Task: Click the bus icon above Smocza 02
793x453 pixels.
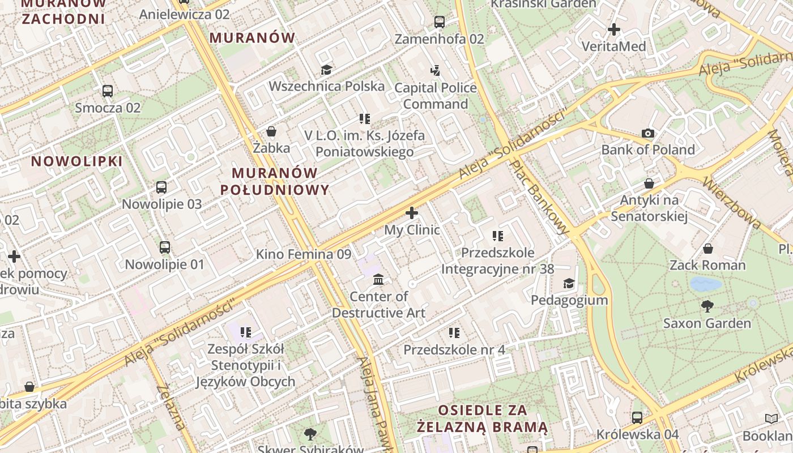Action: (x=107, y=91)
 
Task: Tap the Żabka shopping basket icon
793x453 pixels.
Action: (x=271, y=131)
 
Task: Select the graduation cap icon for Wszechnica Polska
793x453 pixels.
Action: (x=326, y=70)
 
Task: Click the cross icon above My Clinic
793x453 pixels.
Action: (x=412, y=213)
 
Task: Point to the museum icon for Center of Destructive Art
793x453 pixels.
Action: (x=378, y=280)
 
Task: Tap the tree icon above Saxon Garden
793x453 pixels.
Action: (x=707, y=306)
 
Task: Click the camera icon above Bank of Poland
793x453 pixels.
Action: (x=648, y=134)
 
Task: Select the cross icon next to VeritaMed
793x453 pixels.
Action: (x=613, y=29)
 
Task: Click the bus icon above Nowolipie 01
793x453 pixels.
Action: (x=164, y=247)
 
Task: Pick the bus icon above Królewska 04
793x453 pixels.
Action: (x=637, y=418)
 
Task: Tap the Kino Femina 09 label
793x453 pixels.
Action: (x=304, y=254)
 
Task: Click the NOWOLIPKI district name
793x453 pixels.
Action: (x=76, y=161)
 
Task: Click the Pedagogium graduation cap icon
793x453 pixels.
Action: (x=568, y=283)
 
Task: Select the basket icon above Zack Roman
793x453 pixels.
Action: (x=707, y=249)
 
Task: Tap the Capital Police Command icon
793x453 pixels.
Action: (x=435, y=71)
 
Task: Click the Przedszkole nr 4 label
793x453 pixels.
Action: (x=454, y=350)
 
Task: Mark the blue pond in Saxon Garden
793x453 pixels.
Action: (x=706, y=284)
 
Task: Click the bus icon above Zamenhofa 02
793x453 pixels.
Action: (x=439, y=22)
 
